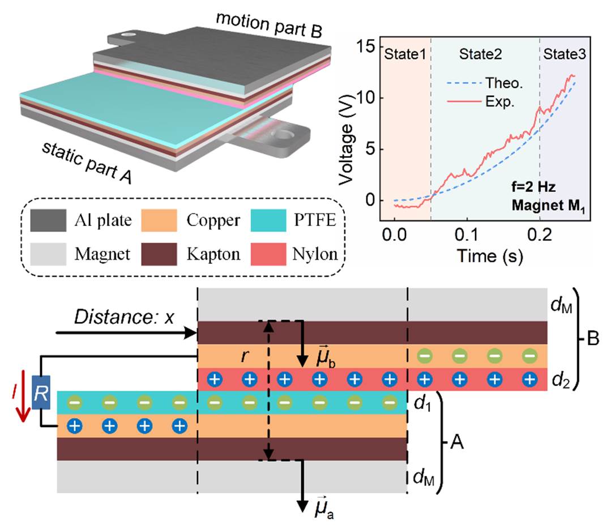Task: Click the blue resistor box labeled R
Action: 39,394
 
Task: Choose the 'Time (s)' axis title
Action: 484,255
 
